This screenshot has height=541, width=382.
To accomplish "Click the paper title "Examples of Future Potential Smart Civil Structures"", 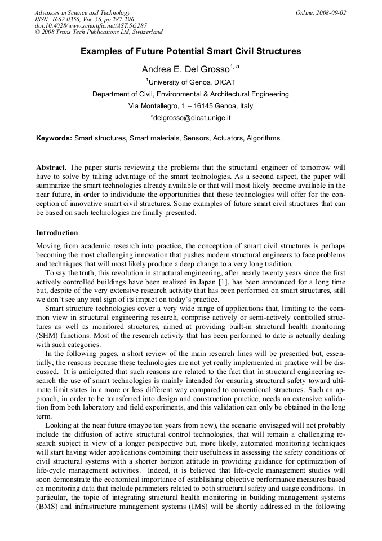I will pos(190,51).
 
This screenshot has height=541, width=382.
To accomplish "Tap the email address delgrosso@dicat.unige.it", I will pos(192,118).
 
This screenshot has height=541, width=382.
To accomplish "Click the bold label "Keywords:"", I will pos(54,138).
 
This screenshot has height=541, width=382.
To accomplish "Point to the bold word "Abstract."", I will pos(51,168).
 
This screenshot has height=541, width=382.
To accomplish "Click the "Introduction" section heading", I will pos(57,232).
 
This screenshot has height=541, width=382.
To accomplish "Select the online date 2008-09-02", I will pos(332,12).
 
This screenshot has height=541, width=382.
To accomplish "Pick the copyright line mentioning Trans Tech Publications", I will pos(99,32).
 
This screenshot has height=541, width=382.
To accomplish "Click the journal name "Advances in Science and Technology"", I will pos(82,12).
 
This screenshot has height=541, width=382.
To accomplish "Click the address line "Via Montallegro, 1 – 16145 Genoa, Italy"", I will pos(191,106).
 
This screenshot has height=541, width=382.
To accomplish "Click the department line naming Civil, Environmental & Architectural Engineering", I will pos(191,94).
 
